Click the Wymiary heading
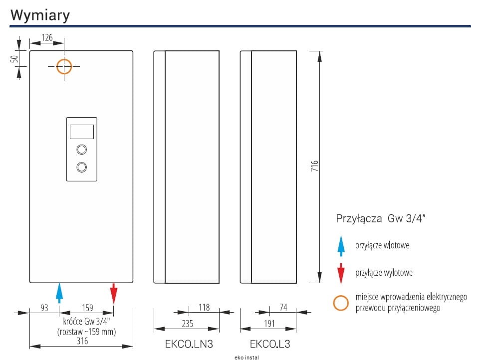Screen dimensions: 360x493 coord(40,15)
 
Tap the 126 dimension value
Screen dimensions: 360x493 coord(47,37)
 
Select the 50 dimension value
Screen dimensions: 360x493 coord(14,58)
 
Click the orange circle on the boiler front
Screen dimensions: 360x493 coord(64,66)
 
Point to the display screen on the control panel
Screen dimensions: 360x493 coord(81,132)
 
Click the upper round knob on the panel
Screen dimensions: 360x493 coord(81,149)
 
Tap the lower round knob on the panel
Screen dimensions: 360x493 coord(81,167)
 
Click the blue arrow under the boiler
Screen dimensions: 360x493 coord(59,293)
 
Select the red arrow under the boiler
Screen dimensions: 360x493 coord(113,293)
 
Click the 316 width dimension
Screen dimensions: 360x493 coord(82,341)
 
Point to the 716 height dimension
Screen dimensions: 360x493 coord(314,166)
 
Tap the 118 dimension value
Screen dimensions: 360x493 coord(204,307)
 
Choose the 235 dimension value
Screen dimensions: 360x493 coord(187,323)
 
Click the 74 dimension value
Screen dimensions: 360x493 coord(283,307)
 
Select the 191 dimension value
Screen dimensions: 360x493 coord(269,323)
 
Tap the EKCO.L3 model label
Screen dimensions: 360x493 coord(270,344)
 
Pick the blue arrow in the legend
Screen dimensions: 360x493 coord(341,245)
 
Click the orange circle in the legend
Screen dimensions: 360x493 coord(341,302)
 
